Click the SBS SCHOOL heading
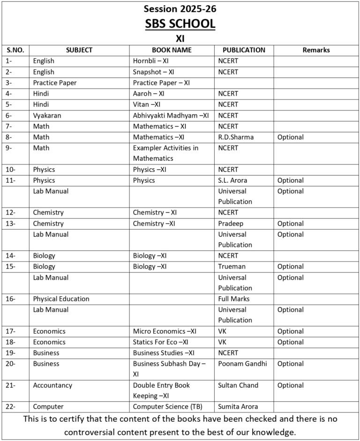click(x=180, y=23)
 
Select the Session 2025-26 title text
click(x=180, y=8)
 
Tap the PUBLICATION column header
click(x=244, y=50)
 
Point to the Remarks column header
click(x=316, y=50)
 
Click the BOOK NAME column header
click(x=172, y=50)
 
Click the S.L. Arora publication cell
click(x=232, y=180)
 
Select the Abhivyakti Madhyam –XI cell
click(x=171, y=115)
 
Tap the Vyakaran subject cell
click(x=47, y=115)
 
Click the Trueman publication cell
click(x=232, y=267)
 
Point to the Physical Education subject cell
click(x=61, y=299)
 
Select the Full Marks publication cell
click(x=234, y=299)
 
